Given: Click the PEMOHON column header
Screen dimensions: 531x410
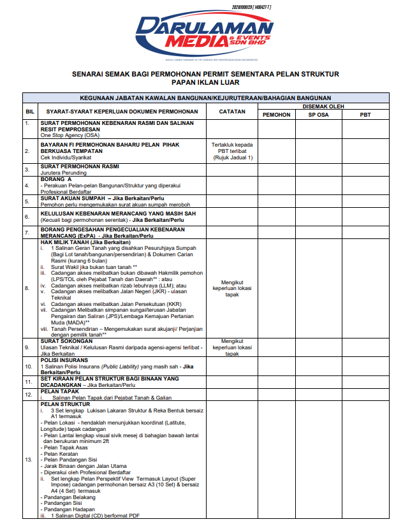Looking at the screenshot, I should point(276,115).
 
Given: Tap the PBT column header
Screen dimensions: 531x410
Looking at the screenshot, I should point(365,115).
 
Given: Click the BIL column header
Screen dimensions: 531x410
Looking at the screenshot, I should point(29,111).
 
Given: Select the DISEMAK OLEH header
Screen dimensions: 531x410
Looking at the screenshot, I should point(323,106).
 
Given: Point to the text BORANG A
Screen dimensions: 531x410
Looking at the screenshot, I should point(56,180).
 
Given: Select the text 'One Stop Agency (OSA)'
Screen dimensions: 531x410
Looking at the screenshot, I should point(70,135).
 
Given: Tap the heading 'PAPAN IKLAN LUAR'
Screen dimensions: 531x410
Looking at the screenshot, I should point(205,84).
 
